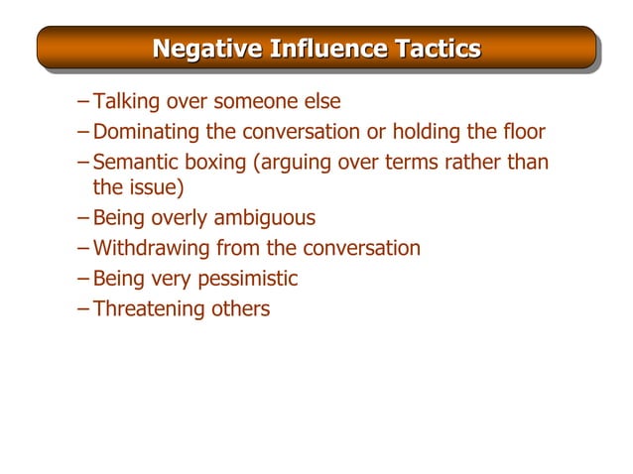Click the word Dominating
coord(143,131)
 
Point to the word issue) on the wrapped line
coord(157,186)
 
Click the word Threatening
coord(149,308)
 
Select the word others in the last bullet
coord(240,308)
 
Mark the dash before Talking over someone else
coord(82,101)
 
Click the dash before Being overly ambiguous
coord(82,217)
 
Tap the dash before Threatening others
coord(82,308)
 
